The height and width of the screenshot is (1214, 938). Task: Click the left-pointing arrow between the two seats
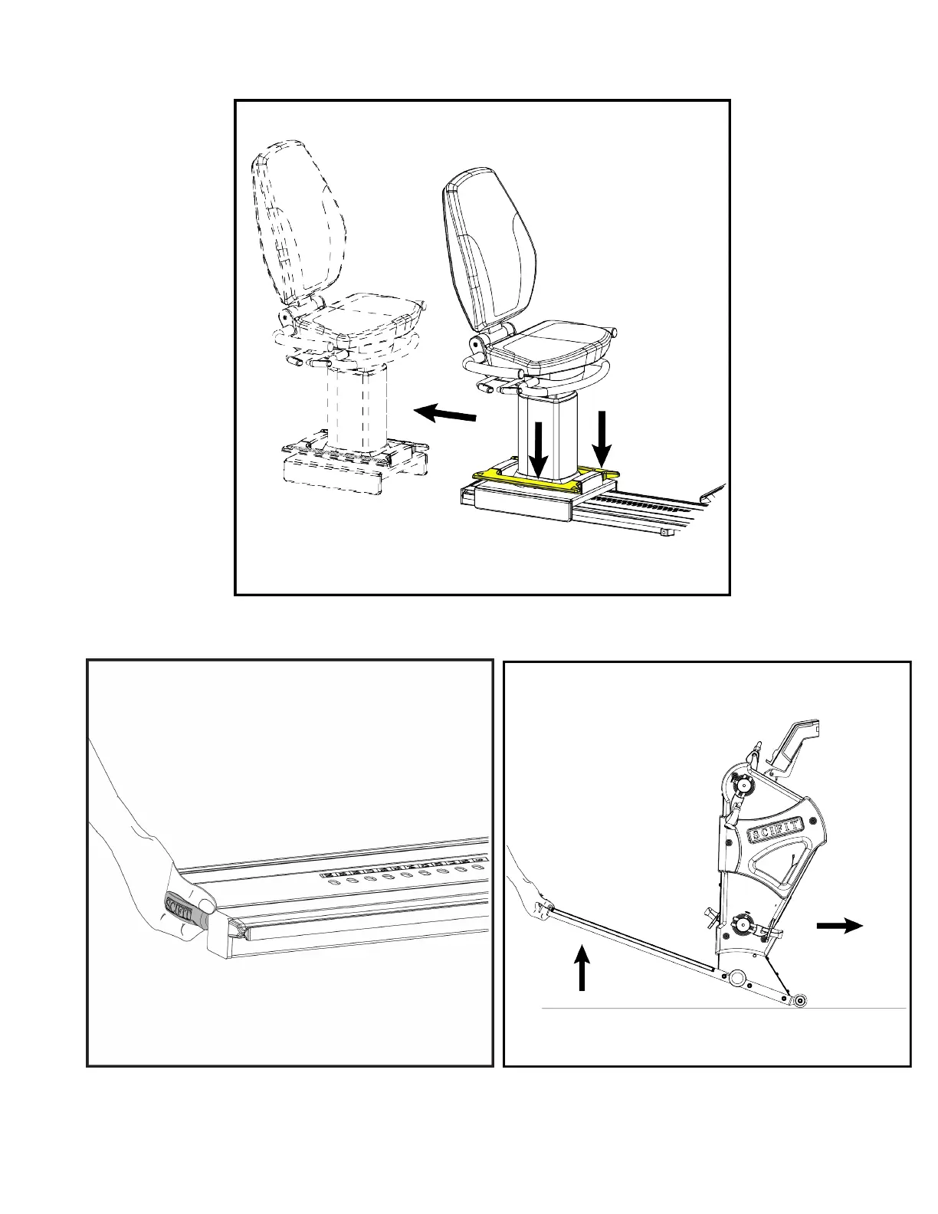click(444, 415)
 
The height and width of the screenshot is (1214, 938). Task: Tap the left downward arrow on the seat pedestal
click(539, 448)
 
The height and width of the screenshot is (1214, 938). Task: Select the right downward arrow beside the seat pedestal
click(602, 440)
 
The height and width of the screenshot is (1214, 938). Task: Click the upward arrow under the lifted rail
click(582, 967)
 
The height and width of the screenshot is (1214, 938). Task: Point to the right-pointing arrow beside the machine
click(840, 926)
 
